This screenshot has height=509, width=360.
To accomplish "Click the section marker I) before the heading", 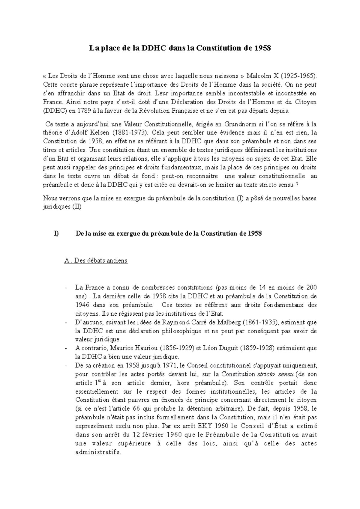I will click(x=56, y=234).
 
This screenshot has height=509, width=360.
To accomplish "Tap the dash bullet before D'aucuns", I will click(x=66, y=323).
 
